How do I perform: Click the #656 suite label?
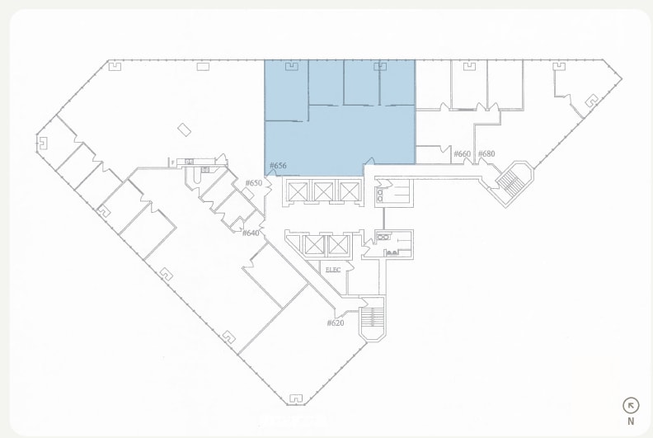pyautogui.click(x=278, y=166)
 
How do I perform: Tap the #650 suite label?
pyautogui.click(x=253, y=183)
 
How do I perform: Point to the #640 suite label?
pyautogui.click(x=251, y=233)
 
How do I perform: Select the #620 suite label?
pyautogui.click(x=335, y=323)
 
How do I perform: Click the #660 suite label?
pyautogui.click(x=462, y=154)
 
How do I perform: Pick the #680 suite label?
pyautogui.click(x=486, y=154)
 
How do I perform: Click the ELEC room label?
pyautogui.click(x=333, y=270)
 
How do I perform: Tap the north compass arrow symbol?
pyautogui.click(x=631, y=405)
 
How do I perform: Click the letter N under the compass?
pyautogui.click(x=631, y=421)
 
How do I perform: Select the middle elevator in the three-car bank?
pyautogui.click(x=323, y=192)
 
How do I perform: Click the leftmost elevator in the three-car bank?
pyautogui.click(x=298, y=192)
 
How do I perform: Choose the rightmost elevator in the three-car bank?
pyautogui.click(x=350, y=192)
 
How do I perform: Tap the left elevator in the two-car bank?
pyautogui.click(x=314, y=245)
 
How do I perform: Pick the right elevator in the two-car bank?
pyautogui.click(x=338, y=245)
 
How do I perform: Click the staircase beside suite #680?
pyautogui.click(x=512, y=181)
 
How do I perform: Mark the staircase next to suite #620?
pyautogui.click(x=373, y=318)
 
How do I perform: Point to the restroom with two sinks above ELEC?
pyautogui.click(x=394, y=243)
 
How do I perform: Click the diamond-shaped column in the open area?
pyautogui.click(x=185, y=130)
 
